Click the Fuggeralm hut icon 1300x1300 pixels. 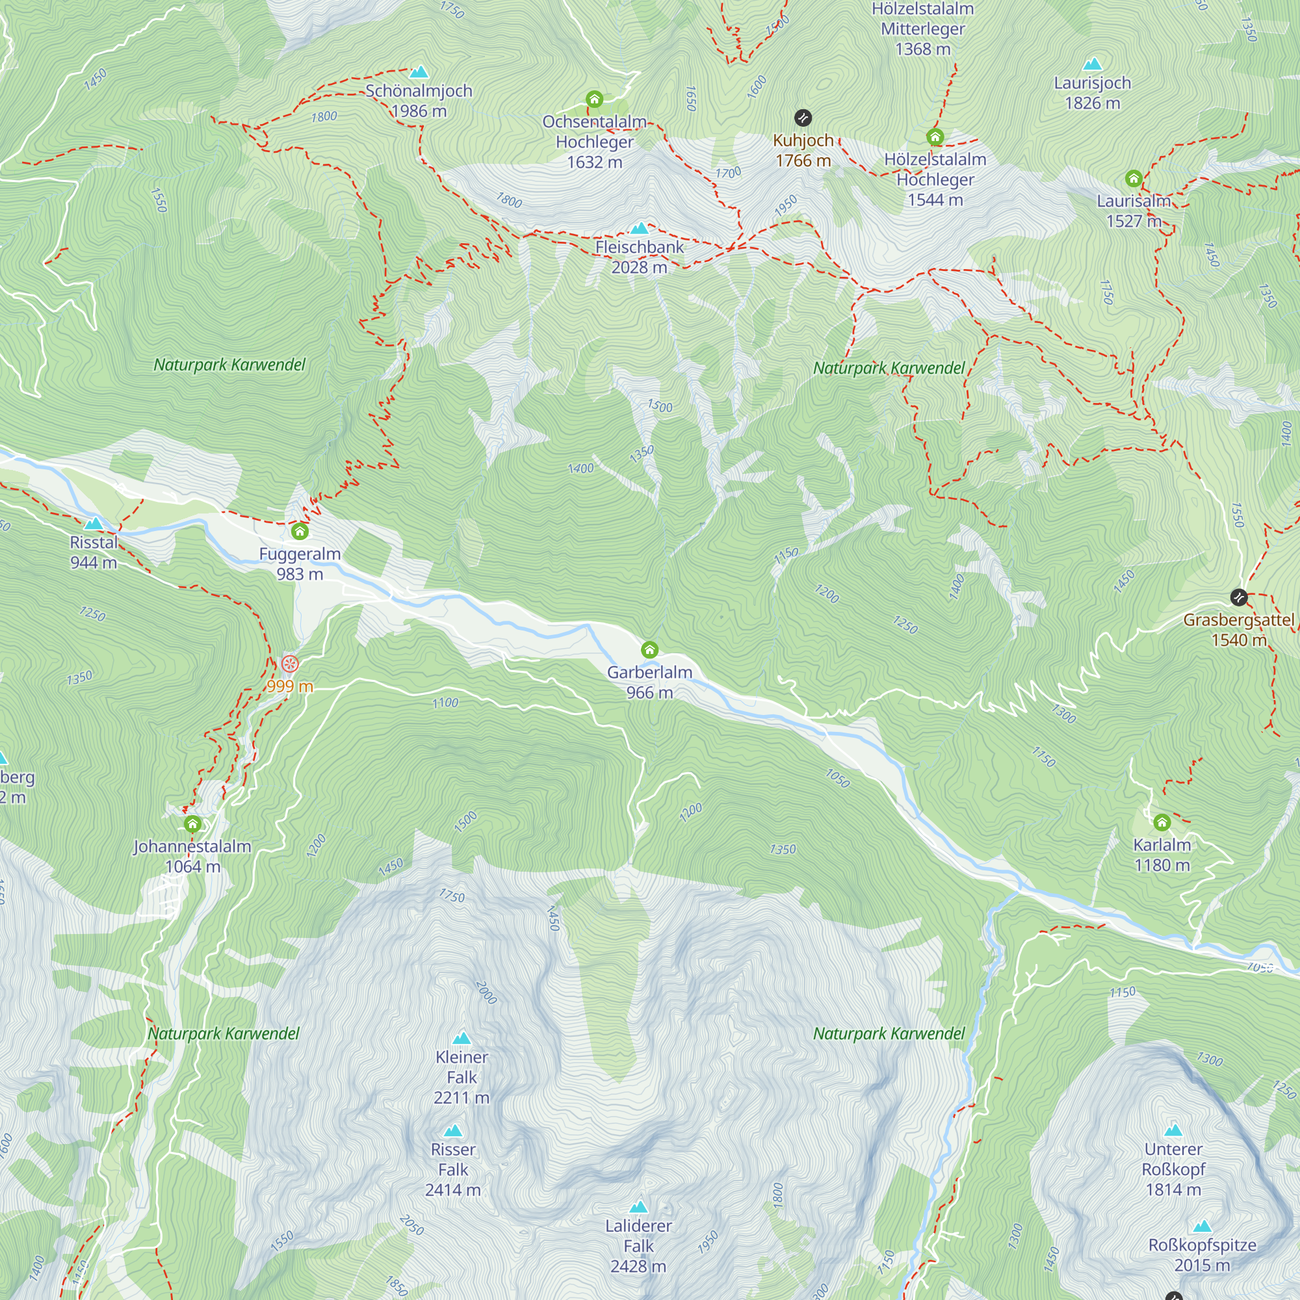[x=300, y=532]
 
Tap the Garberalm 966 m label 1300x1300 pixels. [x=649, y=682]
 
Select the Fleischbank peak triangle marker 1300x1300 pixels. [x=639, y=229]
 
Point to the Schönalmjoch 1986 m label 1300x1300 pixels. [x=419, y=100]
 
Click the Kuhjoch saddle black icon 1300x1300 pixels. [x=803, y=118]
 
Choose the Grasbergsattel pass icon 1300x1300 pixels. [x=1239, y=597]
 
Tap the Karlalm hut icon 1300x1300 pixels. [x=1162, y=822]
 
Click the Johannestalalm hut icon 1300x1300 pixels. [x=192, y=824]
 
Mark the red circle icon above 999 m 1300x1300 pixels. [x=290, y=664]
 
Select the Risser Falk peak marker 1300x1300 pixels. [x=453, y=1131]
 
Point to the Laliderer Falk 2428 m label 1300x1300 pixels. [x=638, y=1245]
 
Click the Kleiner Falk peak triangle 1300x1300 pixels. [x=461, y=1038]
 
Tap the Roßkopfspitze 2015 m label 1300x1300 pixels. [x=1202, y=1255]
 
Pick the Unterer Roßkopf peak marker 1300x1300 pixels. [x=1173, y=1130]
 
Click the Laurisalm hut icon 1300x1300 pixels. [x=1134, y=178]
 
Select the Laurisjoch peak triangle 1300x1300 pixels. [x=1093, y=64]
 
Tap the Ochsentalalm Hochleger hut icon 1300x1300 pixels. [x=594, y=99]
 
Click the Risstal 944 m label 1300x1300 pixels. [x=94, y=552]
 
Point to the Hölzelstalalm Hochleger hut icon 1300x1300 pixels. [x=935, y=137]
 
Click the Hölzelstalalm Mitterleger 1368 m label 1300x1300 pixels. [x=922, y=29]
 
